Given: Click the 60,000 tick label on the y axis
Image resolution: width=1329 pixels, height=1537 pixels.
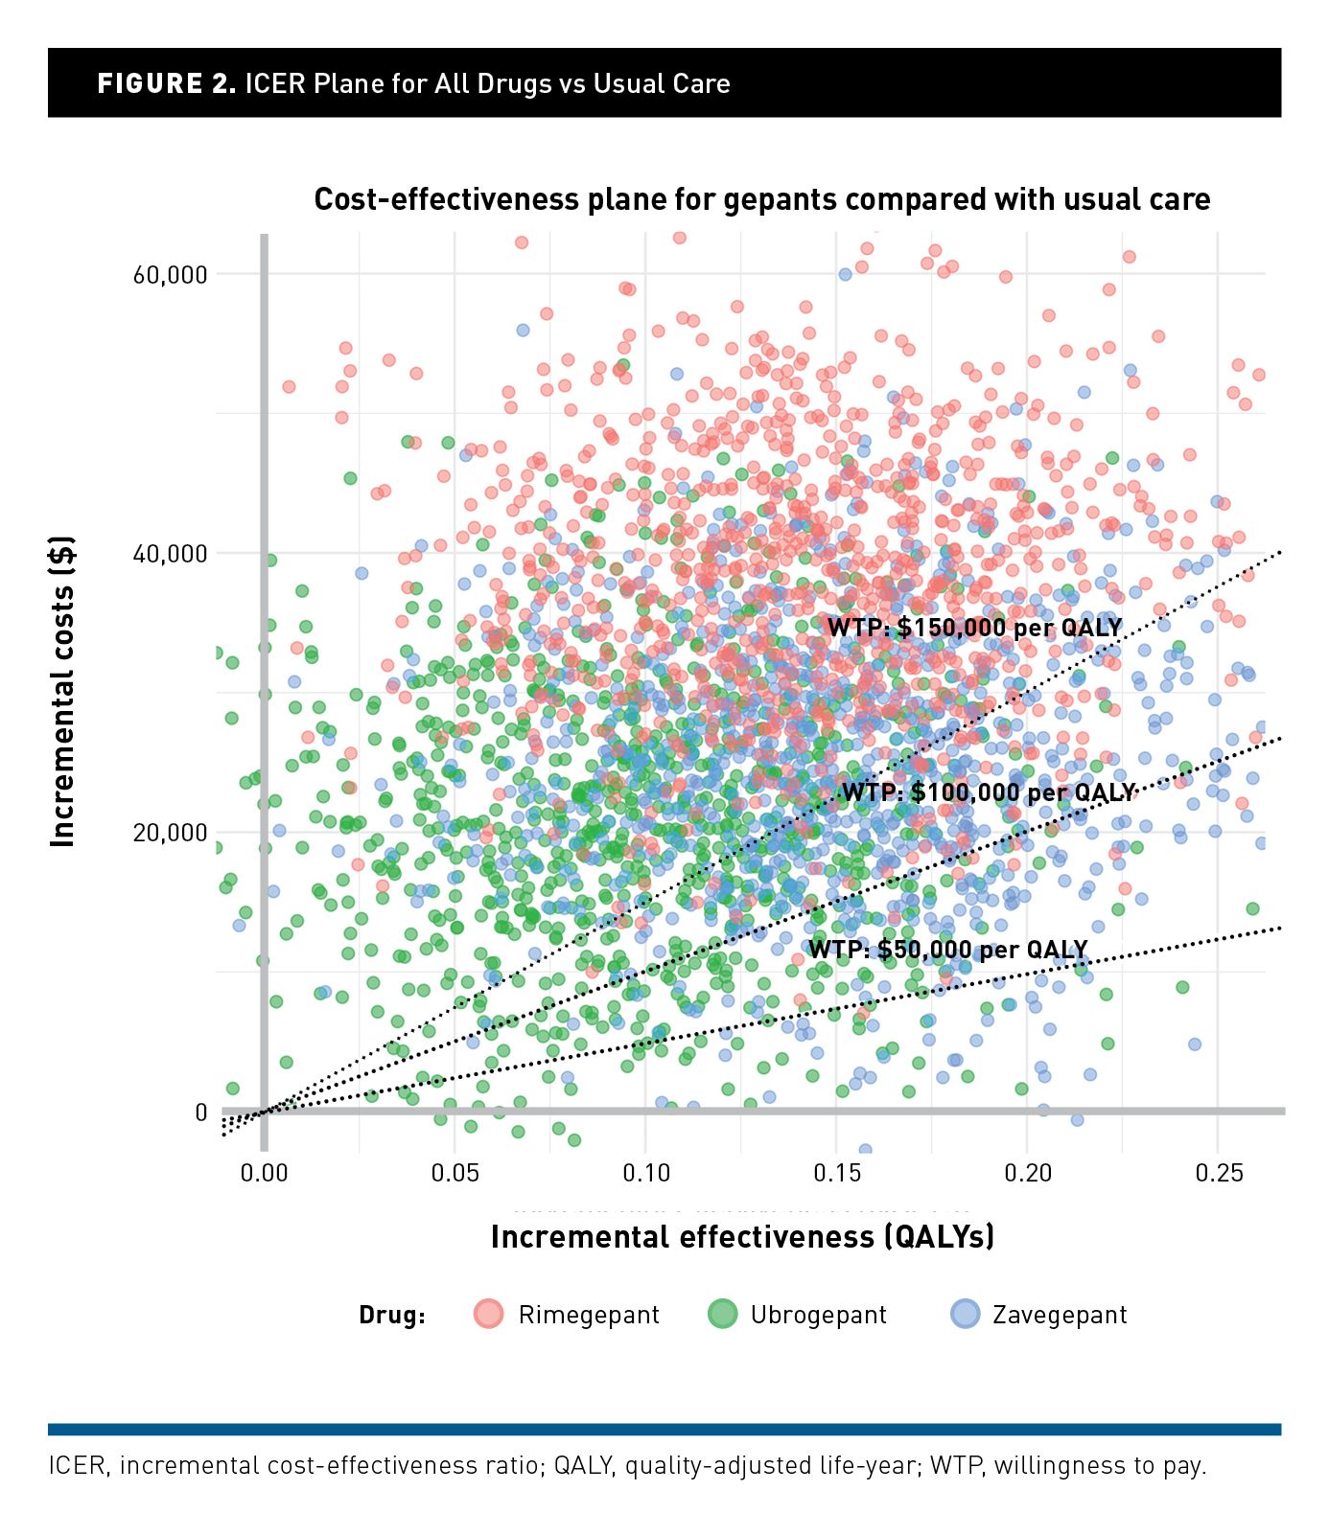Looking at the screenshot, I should [x=170, y=275].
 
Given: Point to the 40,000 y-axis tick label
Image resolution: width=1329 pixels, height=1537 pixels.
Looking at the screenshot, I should [x=170, y=554].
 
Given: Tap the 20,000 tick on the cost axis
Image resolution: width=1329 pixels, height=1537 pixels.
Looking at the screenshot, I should [x=170, y=833].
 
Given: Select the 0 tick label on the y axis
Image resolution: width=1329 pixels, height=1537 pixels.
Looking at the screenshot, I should [x=200, y=1113].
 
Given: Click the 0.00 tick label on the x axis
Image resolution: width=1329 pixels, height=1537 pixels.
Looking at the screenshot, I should [x=264, y=1173].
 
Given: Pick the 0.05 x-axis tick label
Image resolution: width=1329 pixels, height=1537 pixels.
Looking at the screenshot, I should [x=455, y=1173].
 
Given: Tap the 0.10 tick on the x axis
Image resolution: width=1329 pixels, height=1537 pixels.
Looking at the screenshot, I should [x=645, y=1173].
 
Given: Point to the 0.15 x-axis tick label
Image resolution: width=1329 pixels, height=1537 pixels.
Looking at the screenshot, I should [x=836, y=1173].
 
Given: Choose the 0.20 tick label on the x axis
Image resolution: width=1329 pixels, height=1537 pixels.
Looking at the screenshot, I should [x=1027, y=1173].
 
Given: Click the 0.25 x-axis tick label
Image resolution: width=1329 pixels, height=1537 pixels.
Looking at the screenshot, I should [x=1218, y=1173].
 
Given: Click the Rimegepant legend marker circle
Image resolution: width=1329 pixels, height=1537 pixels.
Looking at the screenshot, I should [x=489, y=1314].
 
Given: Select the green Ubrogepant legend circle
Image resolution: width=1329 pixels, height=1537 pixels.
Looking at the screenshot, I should [x=722, y=1314].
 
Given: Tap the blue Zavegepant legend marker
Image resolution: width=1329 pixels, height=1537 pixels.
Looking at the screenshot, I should [x=965, y=1314].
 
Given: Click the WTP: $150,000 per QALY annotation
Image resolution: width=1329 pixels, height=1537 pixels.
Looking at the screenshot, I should [x=974, y=628].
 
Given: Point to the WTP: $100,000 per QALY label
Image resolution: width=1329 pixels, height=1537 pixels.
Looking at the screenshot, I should [x=988, y=792].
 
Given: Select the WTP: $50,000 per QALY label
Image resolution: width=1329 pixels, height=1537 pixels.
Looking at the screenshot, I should [x=947, y=950].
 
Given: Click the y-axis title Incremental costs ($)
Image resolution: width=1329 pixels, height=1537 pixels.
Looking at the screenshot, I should [x=62, y=692].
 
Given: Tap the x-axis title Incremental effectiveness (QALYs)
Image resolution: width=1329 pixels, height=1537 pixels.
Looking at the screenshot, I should [x=742, y=1237].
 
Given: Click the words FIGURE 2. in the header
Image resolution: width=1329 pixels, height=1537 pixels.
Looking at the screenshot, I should [x=166, y=84].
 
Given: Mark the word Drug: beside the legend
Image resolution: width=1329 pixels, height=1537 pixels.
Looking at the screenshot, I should [x=392, y=1315].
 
